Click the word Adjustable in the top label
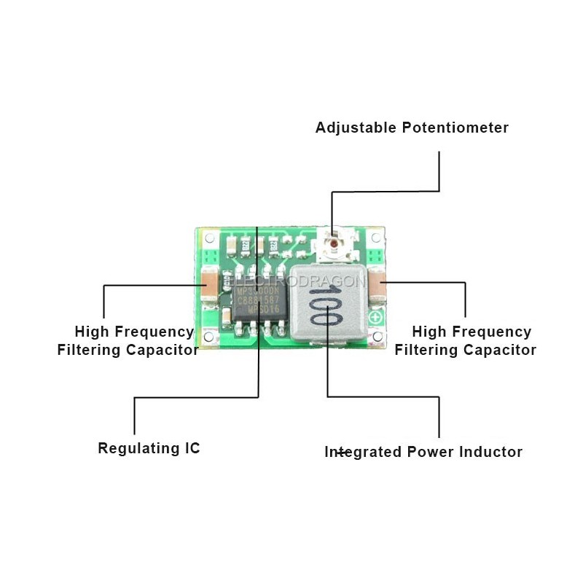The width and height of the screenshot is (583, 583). pos(356,128)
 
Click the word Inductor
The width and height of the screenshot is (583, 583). pos(491,452)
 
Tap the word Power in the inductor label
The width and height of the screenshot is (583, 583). pos(431,452)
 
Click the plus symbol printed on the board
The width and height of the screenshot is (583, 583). pos(376,318)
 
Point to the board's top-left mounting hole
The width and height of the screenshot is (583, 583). pos(209,238)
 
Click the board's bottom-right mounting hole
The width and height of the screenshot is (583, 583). pos(376,336)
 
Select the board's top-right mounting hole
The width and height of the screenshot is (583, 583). pos(375,238)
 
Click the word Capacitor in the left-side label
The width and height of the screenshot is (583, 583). pos(162,350)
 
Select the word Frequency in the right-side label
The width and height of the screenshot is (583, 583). pos(492,332)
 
